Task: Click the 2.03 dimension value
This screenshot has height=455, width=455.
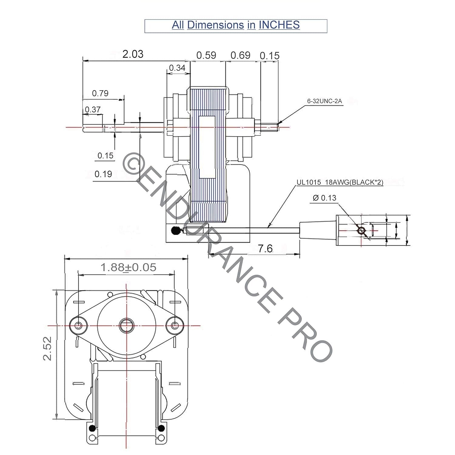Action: pos(133,54)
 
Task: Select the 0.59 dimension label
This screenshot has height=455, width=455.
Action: pos(206,55)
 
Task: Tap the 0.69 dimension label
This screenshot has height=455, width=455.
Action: pos(240,55)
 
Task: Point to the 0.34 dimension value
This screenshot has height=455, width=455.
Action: pos(177,68)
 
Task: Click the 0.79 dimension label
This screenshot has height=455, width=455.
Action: pos(100,93)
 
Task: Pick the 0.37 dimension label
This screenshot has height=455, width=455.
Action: pos(93,110)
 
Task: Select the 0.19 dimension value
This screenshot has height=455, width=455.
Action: pos(103,174)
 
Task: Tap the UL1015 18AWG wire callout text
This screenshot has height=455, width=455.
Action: pos(340,182)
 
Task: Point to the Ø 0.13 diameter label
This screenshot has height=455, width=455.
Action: pos(324,198)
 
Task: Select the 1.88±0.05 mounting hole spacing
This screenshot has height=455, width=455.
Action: pos(128,268)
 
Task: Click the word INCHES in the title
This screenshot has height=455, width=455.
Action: pos(279,25)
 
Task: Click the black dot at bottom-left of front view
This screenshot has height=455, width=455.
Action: pos(92,428)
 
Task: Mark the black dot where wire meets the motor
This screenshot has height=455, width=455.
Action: pos(175,231)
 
